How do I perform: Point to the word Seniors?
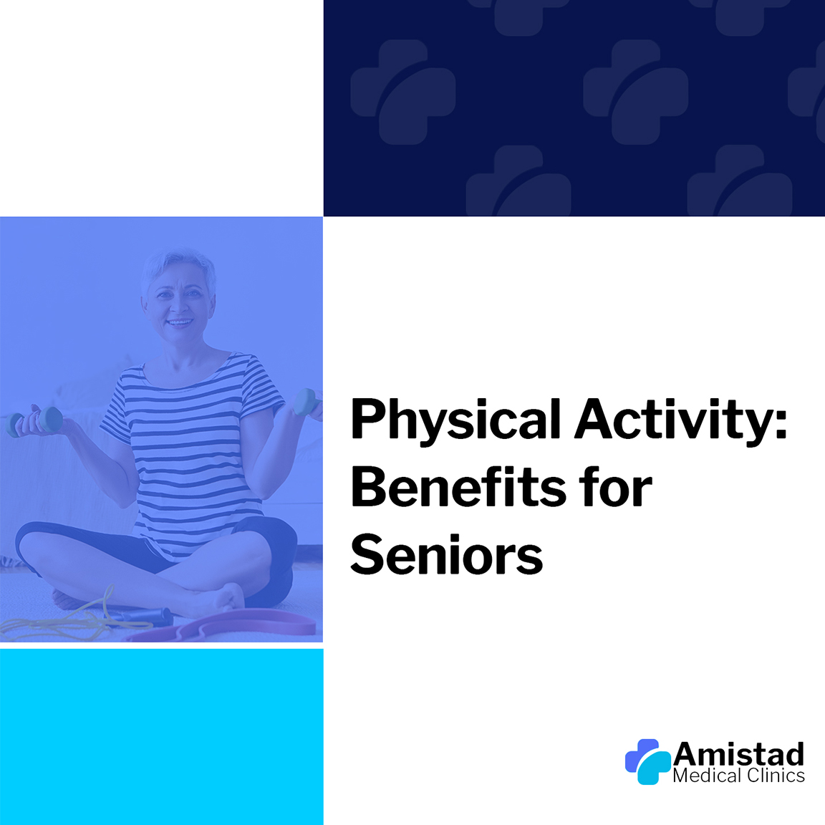click(446, 554)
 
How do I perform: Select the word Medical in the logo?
click(706, 776)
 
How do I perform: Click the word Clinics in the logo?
click(775, 776)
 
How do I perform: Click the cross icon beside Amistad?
click(647, 761)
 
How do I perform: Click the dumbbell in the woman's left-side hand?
click(36, 422)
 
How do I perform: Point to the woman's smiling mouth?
click(180, 322)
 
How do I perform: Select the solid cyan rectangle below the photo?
click(162, 737)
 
